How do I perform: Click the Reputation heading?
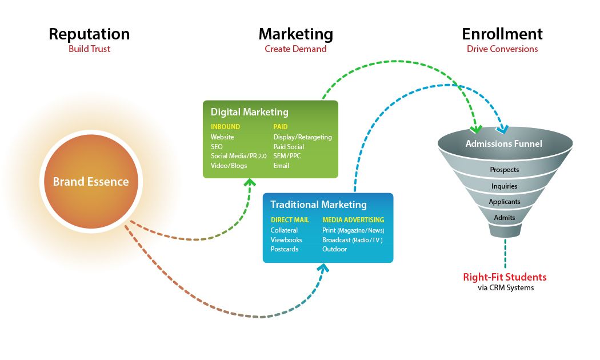pyautogui.click(x=89, y=34)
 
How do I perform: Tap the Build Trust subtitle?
pyautogui.click(x=89, y=49)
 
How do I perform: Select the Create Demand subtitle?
pyautogui.click(x=295, y=49)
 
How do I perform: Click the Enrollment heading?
pyautogui.click(x=502, y=34)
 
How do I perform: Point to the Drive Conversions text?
pyautogui.click(x=502, y=49)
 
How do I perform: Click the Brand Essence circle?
pyautogui.click(x=91, y=182)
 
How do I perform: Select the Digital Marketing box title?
pyautogui.click(x=249, y=112)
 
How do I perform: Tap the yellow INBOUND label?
pyautogui.click(x=225, y=126)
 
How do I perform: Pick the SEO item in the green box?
pyautogui.click(x=217, y=147)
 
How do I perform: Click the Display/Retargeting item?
pyautogui.click(x=302, y=137)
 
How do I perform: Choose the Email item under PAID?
pyautogui.click(x=281, y=166)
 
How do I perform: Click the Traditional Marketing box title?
pyautogui.click(x=318, y=205)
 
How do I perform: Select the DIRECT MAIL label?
pyautogui.click(x=290, y=219)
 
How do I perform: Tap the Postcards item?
pyautogui.click(x=285, y=249)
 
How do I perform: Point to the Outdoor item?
pyautogui.click(x=334, y=249)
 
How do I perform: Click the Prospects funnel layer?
pyautogui.click(x=504, y=170)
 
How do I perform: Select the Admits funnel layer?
pyautogui.click(x=504, y=218)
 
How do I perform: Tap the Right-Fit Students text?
pyautogui.click(x=505, y=278)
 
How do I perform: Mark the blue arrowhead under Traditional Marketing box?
pyautogui.click(x=324, y=267)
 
